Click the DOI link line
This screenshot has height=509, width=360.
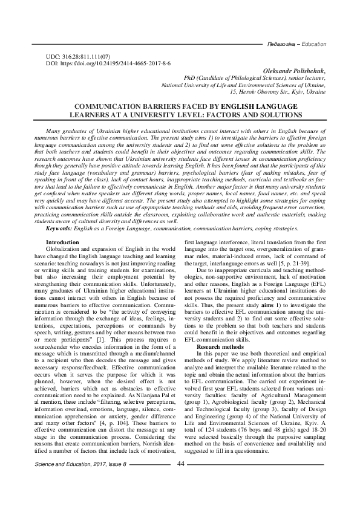pos(109,63)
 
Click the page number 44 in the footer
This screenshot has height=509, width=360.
pos(180,481)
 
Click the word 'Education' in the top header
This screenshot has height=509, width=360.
pos(313,45)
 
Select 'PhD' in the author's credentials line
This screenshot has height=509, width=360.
pos(190,79)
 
